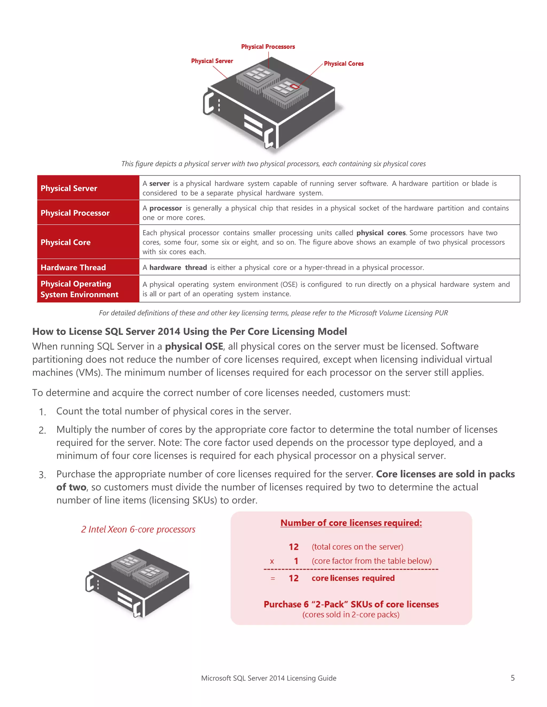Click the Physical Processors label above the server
click(x=268, y=47)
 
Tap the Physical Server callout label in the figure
click(x=212, y=61)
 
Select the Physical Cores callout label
click(x=343, y=63)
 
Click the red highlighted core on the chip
click(x=294, y=86)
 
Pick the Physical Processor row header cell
click(x=88, y=213)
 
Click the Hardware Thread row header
click(x=88, y=267)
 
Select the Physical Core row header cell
click(x=88, y=242)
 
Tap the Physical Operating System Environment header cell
click(x=88, y=289)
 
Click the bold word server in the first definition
click(x=159, y=184)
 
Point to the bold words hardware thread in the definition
click(x=178, y=267)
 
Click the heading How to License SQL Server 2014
click(x=190, y=331)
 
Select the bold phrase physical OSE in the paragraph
click(x=194, y=346)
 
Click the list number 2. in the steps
click(x=42, y=430)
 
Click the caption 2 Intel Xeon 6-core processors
click(x=138, y=529)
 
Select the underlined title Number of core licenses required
click(x=351, y=523)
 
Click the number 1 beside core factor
click(x=296, y=561)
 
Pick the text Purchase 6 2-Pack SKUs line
click(x=351, y=604)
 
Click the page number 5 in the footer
click(x=512, y=678)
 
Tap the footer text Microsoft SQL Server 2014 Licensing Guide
click(x=269, y=678)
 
